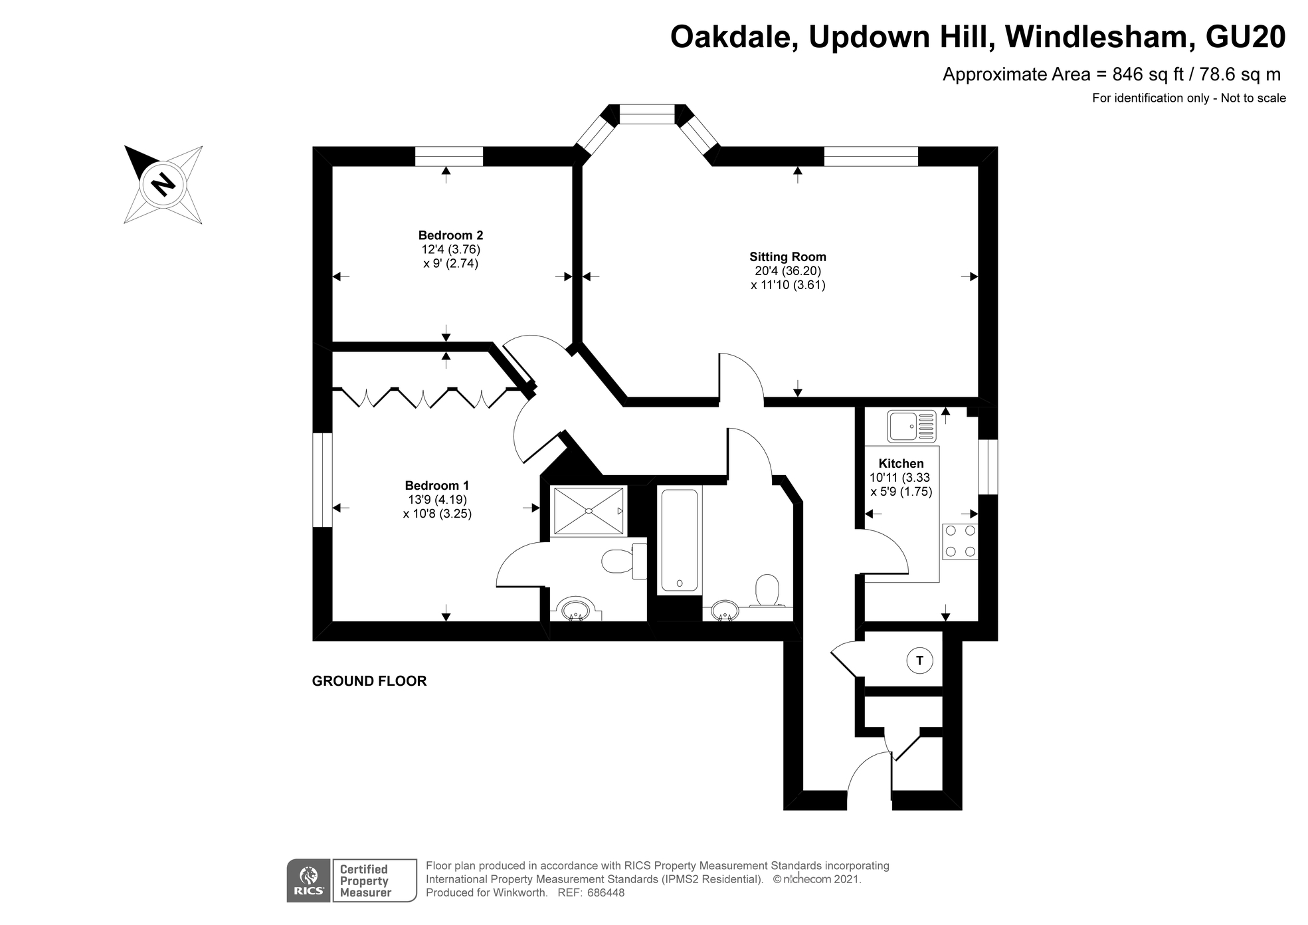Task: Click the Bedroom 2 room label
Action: (x=450, y=235)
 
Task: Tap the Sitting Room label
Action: (x=788, y=257)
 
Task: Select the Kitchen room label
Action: (x=901, y=464)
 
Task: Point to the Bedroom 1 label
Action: (x=437, y=486)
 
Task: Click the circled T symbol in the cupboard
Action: (x=919, y=661)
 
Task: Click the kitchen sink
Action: (x=911, y=426)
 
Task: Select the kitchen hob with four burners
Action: (x=960, y=541)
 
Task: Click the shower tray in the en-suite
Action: (x=589, y=510)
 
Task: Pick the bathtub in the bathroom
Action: (x=679, y=541)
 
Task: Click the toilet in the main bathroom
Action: (x=767, y=590)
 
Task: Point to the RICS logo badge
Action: (x=309, y=881)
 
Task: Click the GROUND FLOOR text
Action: (x=369, y=681)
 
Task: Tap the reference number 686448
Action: (x=605, y=893)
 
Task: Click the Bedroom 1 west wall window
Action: (x=322, y=480)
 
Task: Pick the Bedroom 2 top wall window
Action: (x=449, y=157)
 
